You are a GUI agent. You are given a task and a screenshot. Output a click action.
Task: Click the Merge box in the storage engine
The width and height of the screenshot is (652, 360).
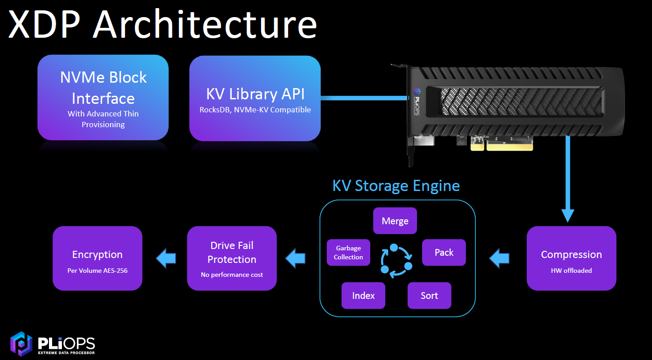pos(395,221)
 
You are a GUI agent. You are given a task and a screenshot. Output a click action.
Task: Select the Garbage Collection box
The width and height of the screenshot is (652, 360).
pos(348,252)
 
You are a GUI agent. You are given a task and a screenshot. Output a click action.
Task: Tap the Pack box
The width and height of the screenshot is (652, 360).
pos(444,252)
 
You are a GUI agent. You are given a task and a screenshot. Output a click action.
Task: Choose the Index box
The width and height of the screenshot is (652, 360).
pos(363,295)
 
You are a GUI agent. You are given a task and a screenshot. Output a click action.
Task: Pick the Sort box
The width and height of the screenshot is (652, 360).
pos(429,295)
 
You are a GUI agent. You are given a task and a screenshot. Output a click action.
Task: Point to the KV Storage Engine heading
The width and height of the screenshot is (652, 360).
pos(396,186)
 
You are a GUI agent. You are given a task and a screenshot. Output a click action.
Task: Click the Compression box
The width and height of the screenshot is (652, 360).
pos(572,258)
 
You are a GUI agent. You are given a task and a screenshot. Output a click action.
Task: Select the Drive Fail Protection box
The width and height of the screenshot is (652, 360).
pos(232,258)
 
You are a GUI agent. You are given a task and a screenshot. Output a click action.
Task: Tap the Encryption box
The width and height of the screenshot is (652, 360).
pos(98,258)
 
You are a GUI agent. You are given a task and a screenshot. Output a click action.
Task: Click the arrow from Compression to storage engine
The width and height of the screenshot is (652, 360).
pos(500,258)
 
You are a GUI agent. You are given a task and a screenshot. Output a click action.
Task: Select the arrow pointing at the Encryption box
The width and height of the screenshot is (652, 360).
pos(166,258)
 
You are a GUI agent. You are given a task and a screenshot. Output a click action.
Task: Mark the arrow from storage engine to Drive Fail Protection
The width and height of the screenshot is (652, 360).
pos(295,258)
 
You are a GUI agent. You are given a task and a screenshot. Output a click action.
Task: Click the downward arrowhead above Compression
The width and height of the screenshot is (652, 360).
pos(568,216)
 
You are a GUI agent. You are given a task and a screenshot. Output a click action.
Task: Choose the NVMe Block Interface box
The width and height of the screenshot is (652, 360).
pos(103,98)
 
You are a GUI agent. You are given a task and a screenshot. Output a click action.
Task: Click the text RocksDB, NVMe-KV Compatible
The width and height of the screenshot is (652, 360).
pos(255,110)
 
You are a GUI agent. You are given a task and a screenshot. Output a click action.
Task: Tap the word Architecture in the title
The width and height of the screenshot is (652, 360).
pos(205,24)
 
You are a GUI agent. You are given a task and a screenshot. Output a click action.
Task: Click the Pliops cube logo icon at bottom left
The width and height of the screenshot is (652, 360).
pos(21,344)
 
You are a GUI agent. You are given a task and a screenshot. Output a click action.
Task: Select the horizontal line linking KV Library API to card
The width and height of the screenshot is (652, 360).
pos(364,98)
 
